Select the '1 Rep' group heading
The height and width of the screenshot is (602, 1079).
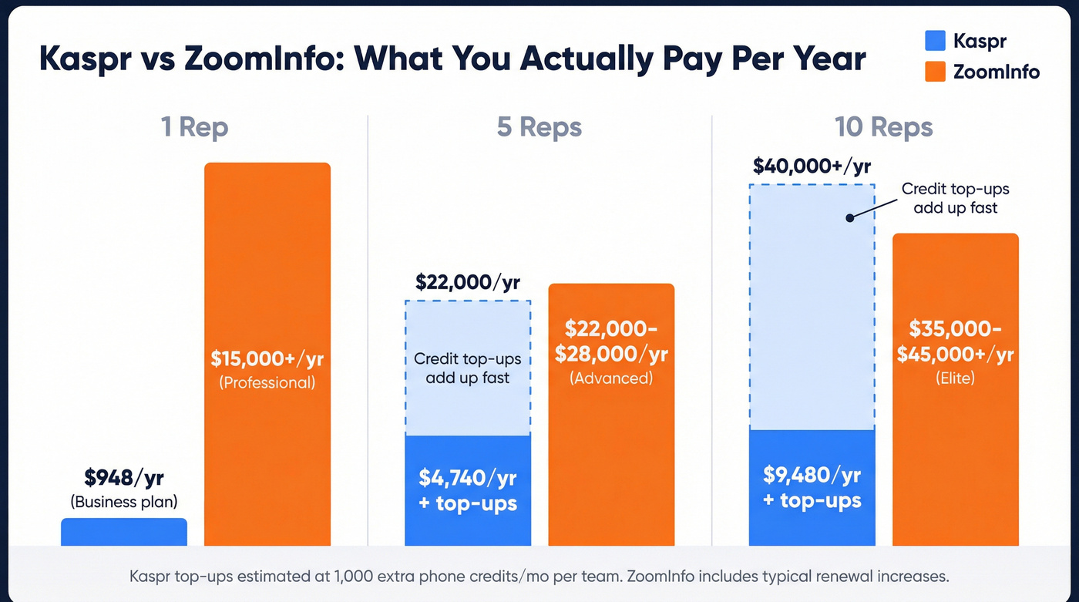pyautogui.click(x=194, y=127)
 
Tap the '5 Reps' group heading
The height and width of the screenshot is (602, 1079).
pyautogui.click(x=539, y=127)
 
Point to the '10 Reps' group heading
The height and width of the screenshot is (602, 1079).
pyautogui.click(x=883, y=127)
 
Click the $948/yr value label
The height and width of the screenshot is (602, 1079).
pyautogui.click(x=124, y=478)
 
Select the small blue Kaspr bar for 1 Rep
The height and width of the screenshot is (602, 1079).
pyautogui.click(x=124, y=533)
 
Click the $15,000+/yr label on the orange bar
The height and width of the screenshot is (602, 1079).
pyautogui.click(x=267, y=358)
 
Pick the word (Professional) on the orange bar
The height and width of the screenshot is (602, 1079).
pyautogui.click(x=267, y=382)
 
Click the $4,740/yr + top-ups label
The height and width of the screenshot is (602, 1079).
pyautogui.click(x=468, y=490)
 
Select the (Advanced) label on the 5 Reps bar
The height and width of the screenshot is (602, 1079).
pyautogui.click(x=611, y=378)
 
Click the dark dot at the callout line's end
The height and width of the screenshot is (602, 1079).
pyautogui.click(x=850, y=218)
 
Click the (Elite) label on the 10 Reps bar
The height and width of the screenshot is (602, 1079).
pyautogui.click(x=955, y=378)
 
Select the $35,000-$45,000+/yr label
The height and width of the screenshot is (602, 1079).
pyautogui.click(x=955, y=341)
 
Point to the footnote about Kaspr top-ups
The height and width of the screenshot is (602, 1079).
pyautogui.click(x=539, y=576)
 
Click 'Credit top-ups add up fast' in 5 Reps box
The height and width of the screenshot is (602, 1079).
pyautogui.click(x=468, y=368)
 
